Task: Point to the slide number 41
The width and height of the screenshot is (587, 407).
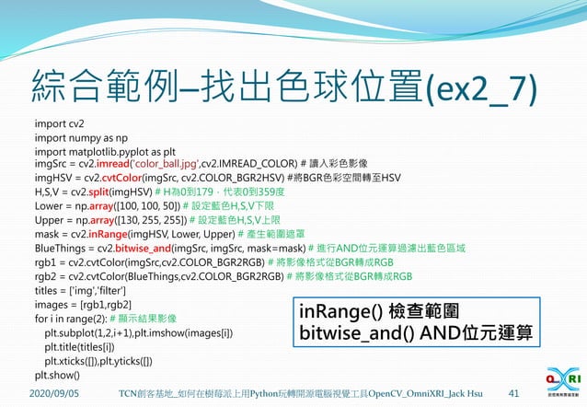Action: pos(514,393)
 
